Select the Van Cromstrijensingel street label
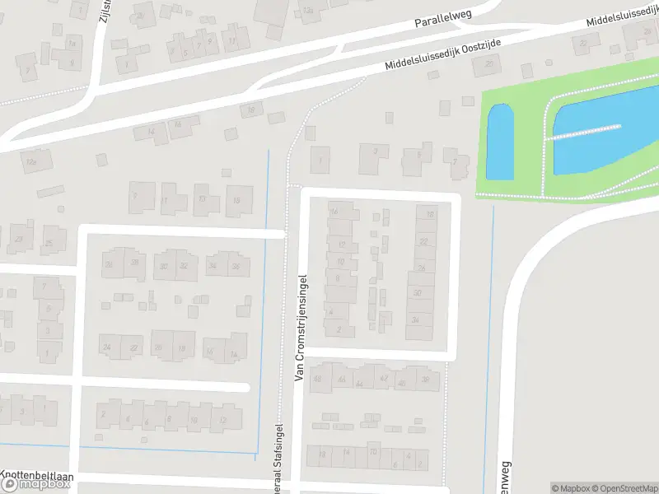tap(300, 328)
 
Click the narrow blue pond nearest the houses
tap(501, 142)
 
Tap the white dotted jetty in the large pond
tap(587, 132)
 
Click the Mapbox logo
tap(35, 483)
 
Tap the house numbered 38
tap(425, 380)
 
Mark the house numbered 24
tap(107, 347)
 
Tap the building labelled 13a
tap(308, 10)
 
